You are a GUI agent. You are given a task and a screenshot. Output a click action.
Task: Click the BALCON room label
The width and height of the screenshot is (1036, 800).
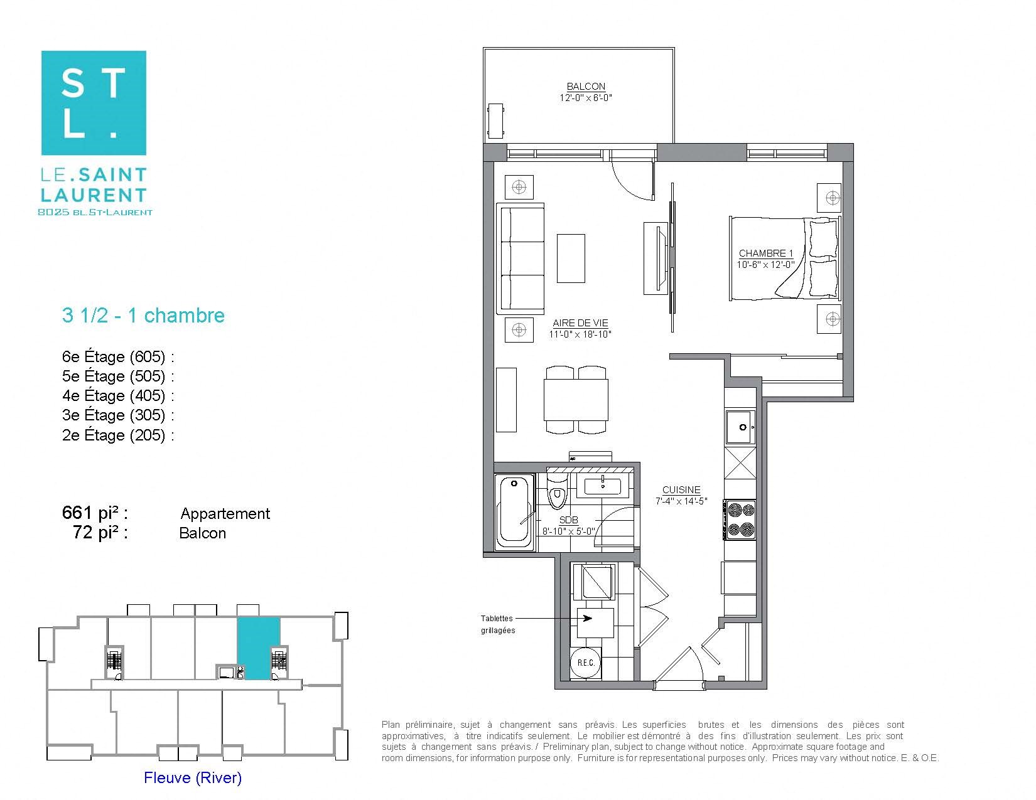[586, 87]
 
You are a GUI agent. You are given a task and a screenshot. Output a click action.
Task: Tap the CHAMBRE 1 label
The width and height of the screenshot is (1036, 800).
[765, 253]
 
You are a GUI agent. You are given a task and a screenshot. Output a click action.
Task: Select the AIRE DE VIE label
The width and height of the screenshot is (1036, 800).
[580, 323]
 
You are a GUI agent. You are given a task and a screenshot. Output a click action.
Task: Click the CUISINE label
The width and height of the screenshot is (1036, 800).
[681, 490]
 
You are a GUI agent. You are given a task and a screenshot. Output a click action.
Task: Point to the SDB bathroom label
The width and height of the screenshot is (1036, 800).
[568, 520]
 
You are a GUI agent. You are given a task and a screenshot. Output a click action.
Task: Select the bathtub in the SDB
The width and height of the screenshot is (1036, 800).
[514, 513]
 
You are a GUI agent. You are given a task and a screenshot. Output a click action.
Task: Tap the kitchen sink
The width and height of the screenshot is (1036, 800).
[741, 427]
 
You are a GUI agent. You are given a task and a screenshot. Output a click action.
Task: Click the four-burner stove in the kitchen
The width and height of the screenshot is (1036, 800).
[739, 520]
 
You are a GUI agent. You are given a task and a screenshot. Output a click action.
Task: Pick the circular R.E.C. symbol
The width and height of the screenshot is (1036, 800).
[586, 663]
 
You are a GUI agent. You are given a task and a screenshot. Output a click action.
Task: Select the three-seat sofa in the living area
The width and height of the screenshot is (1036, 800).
[521, 258]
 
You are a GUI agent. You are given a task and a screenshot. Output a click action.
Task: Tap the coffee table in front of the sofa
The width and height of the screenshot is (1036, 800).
[571, 259]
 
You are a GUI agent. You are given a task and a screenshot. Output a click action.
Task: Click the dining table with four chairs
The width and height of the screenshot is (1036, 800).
[576, 400]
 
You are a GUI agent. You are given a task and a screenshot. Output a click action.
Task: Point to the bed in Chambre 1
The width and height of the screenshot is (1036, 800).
[785, 258]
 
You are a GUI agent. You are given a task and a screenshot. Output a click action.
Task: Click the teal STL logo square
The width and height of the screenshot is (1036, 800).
[94, 103]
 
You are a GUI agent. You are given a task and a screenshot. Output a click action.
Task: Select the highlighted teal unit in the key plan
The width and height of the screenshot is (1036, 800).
[258, 646]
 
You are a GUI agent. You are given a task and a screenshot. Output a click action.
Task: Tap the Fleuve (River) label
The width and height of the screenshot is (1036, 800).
[193, 778]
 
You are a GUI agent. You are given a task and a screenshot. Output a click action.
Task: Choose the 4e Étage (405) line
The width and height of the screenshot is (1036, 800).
[117, 396]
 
